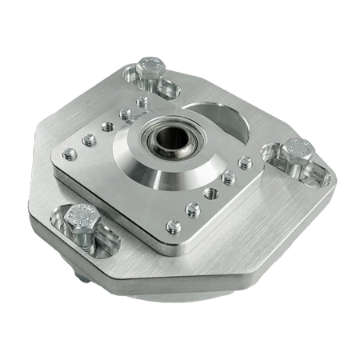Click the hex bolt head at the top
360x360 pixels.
(150, 66)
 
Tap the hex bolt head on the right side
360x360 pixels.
(297, 149)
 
